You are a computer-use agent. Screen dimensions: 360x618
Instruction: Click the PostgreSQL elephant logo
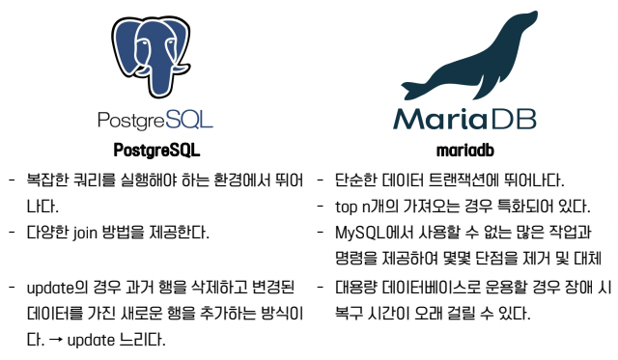(155, 54)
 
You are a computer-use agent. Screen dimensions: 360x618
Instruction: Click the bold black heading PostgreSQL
(155, 151)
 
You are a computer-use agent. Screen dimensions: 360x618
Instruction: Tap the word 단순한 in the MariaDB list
(359, 180)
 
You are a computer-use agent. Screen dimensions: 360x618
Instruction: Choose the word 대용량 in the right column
(359, 288)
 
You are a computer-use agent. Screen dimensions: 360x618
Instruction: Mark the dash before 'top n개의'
(320, 207)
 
